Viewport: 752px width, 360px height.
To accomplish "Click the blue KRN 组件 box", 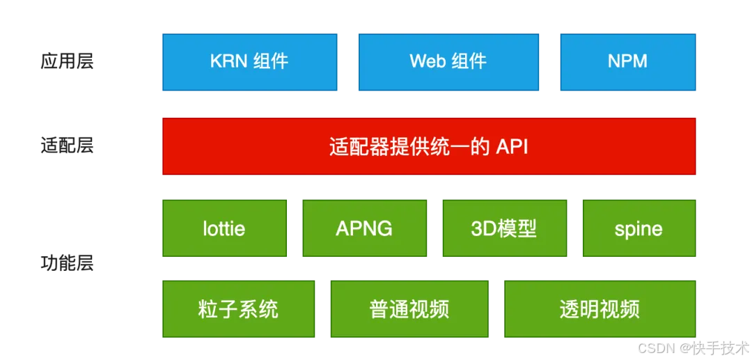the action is pos(250,62).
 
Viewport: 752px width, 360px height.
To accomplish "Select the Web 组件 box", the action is pos(448,62).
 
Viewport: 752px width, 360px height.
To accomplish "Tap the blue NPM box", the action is pos(628,62).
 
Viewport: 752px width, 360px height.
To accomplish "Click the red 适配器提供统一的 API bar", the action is pos(429,146).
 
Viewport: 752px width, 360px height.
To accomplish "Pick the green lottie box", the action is pos(224,228).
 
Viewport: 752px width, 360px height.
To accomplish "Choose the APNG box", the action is pos(364,228).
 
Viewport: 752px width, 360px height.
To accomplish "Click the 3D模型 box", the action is pos(505,228).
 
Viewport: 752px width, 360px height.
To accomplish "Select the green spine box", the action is pos(639,228).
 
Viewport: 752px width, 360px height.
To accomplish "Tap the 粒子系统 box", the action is pos(238,308).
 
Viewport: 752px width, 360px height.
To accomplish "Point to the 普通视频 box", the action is pos(409,308).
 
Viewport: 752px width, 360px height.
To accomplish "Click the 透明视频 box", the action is pos(600,308).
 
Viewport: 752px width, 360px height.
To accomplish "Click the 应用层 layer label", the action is pos(67,62).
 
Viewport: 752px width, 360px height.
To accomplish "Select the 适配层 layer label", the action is pos(67,146).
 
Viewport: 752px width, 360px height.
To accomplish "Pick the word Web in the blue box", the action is pos(425,62).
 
